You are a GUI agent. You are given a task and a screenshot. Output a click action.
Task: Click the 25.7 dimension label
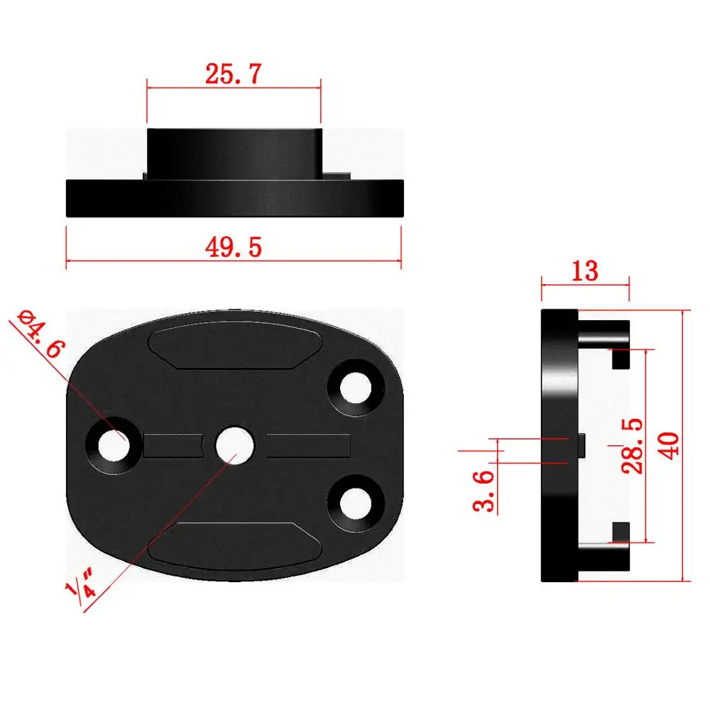(x=234, y=74)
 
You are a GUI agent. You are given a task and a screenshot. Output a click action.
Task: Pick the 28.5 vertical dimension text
(x=631, y=445)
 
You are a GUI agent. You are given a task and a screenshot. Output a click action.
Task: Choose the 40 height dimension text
(x=670, y=445)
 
